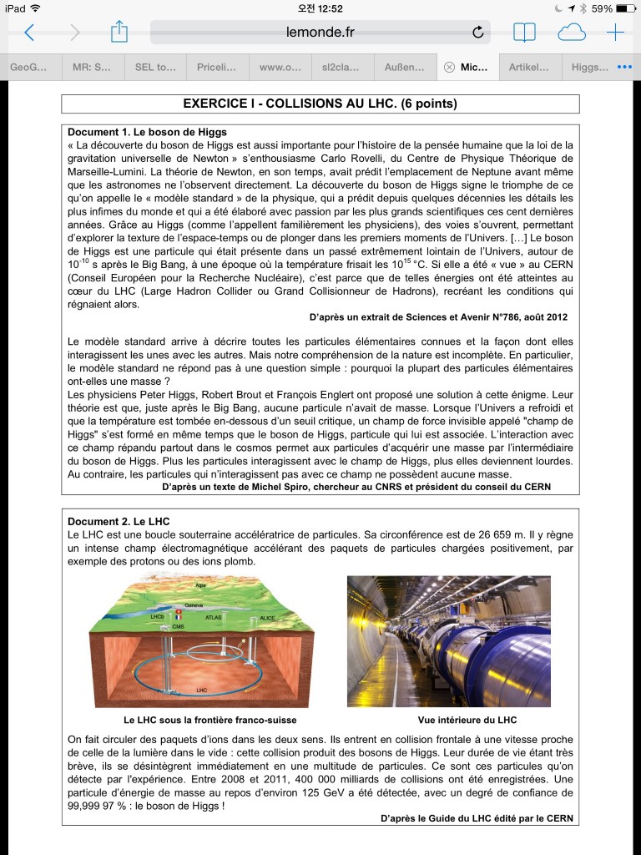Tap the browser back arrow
pyautogui.click(x=29, y=33)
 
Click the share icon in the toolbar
pyautogui.click(x=119, y=32)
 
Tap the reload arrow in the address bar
pyautogui.click(x=478, y=33)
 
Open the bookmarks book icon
pyautogui.click(x=524, y=33)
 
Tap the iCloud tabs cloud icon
pyautogui.click(x=571, y=33)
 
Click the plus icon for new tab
pyautogui.click(x=615, y=33)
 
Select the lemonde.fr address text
pyautogui.click(x=320, y=33)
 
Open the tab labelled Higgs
pyautogui.click(x=591, y=67)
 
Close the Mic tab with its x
pyautogui.click(x=449, y=67)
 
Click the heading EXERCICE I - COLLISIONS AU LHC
pyautogui.click(x=320, y=104)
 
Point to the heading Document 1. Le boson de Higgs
pyautogui.click(x=147, y=132)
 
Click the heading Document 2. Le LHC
pyautogui.click(x=119, y=522)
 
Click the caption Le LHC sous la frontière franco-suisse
pyautogui.click(x=209, y=720)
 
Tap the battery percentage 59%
pyautogui.click(x=603, y=8)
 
